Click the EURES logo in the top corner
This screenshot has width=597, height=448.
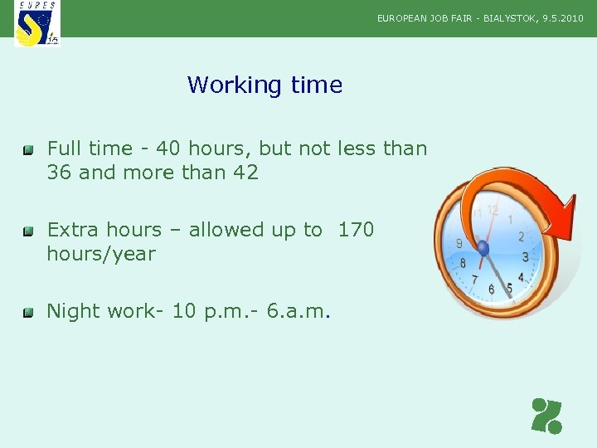[37, 23]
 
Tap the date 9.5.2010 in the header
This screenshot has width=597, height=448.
[563, 17]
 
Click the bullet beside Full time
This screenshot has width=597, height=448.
[28, 150]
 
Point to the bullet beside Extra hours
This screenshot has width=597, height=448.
[28, 231]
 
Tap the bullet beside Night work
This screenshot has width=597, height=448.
[28, 313]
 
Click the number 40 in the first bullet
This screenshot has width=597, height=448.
[168, 149]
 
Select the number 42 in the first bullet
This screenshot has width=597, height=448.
[246, 173]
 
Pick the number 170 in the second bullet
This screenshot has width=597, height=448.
[356, 230]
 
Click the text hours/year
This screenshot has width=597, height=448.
[101, 254]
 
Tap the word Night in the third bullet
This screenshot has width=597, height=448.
[72, 311]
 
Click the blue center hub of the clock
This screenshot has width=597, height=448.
[483, 248]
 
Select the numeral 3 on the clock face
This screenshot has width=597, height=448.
[525, 257]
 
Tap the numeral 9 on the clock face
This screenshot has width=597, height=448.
[459, 244]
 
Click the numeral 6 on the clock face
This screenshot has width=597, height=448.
[492, 289]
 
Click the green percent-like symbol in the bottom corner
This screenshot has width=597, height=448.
[546, 416]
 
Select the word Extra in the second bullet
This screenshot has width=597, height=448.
[72, 230]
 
